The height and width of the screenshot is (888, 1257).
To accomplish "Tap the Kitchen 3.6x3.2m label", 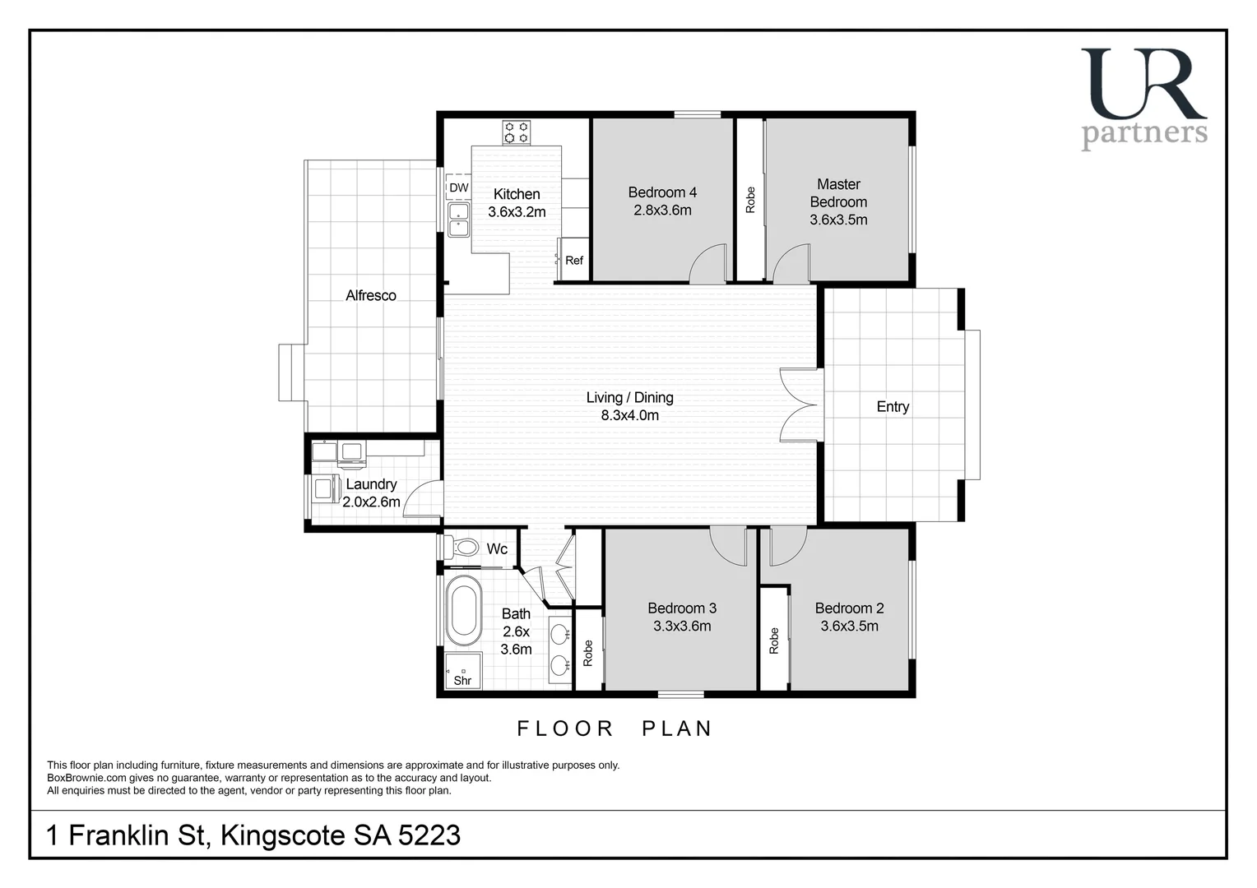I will tap(517, 203).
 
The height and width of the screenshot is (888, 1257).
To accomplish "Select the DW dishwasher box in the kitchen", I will tap(458, 187).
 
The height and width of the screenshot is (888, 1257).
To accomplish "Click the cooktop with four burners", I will tap(517, 132).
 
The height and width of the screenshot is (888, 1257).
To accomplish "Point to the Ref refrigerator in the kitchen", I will tap(573, 260).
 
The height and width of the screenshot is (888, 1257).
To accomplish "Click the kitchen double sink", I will tap(458, 220).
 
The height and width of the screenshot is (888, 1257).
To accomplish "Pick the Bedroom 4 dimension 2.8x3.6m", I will tap(662, 210).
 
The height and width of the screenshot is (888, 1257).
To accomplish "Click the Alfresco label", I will tap(370, 295).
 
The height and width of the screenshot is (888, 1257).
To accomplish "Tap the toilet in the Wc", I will tap(463, 547).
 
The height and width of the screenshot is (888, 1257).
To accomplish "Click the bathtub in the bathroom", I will tap(463, 610).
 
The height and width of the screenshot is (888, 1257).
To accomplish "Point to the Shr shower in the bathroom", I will tap(462, 671).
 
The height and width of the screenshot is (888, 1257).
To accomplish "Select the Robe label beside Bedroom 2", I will tap(773, 641).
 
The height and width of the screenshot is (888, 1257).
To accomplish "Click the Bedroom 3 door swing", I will tap(728, 545).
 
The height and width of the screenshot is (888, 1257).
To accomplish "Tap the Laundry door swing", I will tap(423, 499).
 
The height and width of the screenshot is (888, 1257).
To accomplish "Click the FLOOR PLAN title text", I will tap(614, 728).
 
